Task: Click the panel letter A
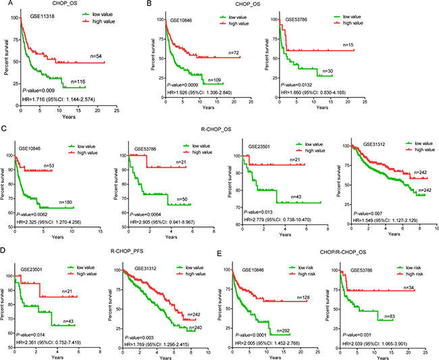tap(3, 4)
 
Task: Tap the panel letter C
tap(3, 127)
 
